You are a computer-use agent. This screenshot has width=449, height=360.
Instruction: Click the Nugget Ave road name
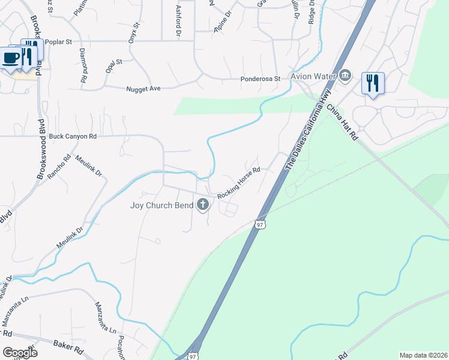pos(143,89)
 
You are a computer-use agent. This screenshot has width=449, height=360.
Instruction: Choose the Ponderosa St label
pos(261,79)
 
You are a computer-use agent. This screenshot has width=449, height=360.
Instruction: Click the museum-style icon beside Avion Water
pos(345,76)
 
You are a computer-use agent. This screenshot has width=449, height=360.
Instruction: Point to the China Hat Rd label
pos(343,122)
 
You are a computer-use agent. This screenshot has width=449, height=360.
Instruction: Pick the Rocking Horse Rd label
pos(238,183)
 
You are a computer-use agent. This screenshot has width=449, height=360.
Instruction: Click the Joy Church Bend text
pos(162,205)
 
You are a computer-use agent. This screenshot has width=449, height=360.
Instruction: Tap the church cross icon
pos(203,205)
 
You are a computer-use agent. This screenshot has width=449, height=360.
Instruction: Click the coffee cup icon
pos(11,58)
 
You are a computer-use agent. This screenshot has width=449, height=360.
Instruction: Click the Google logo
pos(20,352)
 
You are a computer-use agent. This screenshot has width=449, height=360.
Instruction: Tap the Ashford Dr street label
pos(178,22)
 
